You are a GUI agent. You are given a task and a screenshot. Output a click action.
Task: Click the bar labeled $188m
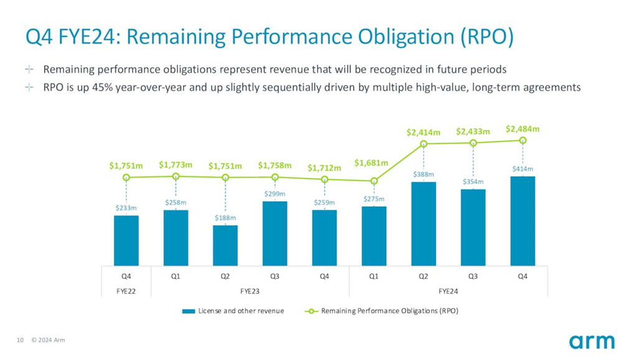pos(225,245)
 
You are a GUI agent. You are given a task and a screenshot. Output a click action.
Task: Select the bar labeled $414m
pos(522,221)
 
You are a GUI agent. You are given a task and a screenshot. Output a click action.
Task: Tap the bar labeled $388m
pos(423,224)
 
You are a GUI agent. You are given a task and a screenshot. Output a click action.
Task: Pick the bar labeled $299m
pos(275,234)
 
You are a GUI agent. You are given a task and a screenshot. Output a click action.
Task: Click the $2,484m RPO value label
pos(522,129)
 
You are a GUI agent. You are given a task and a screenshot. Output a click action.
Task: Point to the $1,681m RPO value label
pos(372,163)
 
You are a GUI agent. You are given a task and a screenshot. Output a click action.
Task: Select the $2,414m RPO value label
pos(423,132)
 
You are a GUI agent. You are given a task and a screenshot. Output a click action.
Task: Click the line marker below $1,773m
pos(176,176)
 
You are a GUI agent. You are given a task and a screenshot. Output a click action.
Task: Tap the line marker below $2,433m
pos(473,143)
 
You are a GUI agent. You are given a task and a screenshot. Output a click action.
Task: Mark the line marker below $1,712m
pos(324,179)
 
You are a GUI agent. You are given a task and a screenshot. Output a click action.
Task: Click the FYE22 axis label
pos(126,290)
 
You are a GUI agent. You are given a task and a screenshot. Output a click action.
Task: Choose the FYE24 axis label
pos(448,290)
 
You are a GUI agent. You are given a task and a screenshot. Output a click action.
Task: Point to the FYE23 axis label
pos(250,290)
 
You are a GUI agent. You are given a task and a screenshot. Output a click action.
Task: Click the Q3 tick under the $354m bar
pos(473,276)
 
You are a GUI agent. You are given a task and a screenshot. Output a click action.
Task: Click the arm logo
pos(591,341)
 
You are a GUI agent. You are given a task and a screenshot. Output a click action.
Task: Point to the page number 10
pos(20,340)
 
